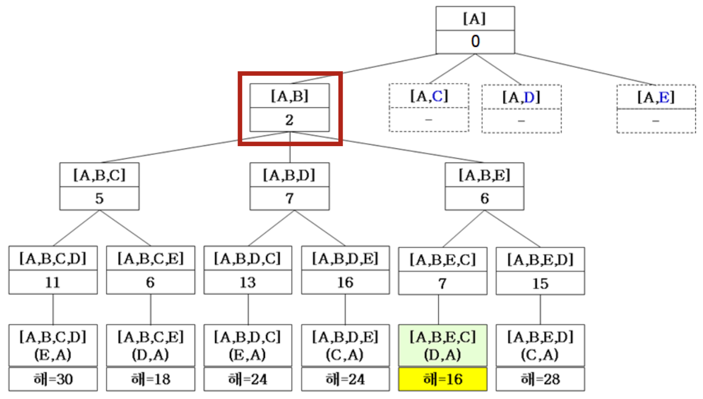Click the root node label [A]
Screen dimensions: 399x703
coord(474,19)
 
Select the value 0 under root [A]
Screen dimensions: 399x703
coord(475,42)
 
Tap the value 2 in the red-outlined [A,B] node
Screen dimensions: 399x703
coord(289,120)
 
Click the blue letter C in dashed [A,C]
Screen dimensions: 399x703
coord(437,96)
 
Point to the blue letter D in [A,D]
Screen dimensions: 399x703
coord(529,97)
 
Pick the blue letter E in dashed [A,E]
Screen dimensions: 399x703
coord(664,97)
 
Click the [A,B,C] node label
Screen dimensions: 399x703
coord(99,175)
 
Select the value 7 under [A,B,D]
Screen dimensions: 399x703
coord(290,199)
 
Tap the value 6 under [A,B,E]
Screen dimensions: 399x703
coord(485,199)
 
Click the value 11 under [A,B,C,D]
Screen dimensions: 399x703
coord(52,282)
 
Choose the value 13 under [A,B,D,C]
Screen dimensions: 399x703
coord(247,282)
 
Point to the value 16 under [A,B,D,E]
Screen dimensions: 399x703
coord(345,282)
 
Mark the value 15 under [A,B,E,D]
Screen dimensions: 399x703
coord(540,283)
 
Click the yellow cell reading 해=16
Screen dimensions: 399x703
coord(442,379)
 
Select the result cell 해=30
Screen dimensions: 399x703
coord(53,379)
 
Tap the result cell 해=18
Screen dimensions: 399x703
coord(150,379)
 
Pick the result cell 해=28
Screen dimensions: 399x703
coord(540,379)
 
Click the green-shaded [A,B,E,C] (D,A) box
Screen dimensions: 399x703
coord(442,346)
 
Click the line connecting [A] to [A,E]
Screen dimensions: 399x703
coord(586,70)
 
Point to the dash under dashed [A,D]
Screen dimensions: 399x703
coord(521,121)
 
